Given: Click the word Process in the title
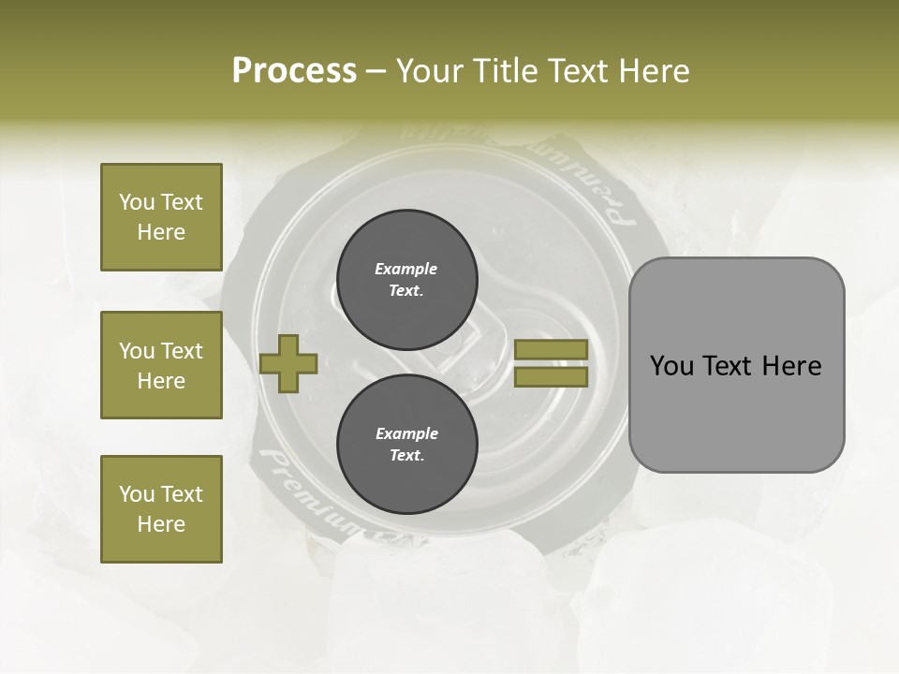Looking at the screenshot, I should click(x=294, y=71).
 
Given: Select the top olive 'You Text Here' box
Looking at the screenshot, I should click(x=161, y=217).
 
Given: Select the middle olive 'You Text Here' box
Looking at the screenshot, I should click(x=161, y=365).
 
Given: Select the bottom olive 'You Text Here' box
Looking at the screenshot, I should click(x=161, y=509).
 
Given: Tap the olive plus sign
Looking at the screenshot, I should click(x=288, y=362).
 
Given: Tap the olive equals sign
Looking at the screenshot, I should click(x=552, y=363).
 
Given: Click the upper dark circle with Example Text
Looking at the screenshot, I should click(x=406, y=279).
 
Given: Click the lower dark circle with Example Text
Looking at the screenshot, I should click(x=406, y=444).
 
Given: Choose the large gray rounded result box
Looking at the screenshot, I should click(x=736, y=365).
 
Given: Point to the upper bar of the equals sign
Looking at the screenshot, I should click(x=552, y=349).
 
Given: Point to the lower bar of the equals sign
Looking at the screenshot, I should click(x=552, y=376).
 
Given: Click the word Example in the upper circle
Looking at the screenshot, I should click(x=406, y=269).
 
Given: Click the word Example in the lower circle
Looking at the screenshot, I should click(x=406, y=433).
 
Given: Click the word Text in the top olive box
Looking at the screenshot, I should click(x=182, y=202).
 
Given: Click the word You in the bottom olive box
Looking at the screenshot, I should click(x=137, y=494).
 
